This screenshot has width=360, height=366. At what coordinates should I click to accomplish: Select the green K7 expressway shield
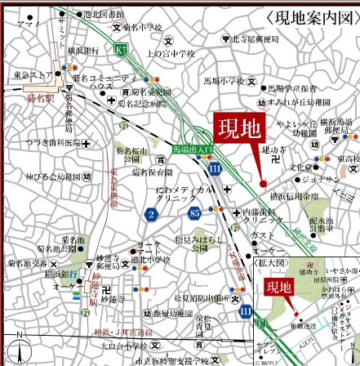121,51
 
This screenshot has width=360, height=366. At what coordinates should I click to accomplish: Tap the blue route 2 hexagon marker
152,215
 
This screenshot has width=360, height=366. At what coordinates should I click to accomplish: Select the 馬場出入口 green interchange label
192,150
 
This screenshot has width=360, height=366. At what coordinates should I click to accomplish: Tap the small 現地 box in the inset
281,288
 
